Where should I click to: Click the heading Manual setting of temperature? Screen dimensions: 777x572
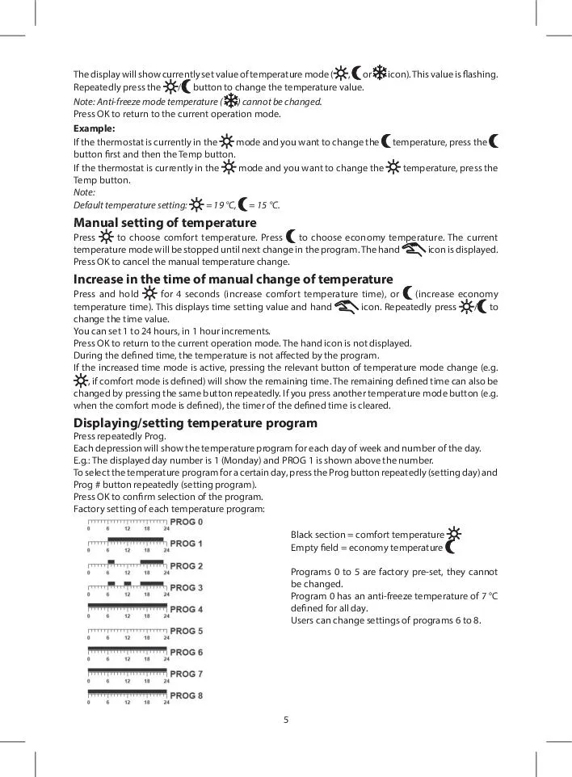165,223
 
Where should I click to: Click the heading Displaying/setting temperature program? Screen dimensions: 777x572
195,422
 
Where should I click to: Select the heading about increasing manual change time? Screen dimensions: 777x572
233,279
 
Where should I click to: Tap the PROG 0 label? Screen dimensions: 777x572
187,522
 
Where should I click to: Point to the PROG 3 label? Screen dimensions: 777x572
187,587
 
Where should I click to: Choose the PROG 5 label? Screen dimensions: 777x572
187,631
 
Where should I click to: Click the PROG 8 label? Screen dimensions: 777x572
187,695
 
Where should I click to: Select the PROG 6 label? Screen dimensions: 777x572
187,652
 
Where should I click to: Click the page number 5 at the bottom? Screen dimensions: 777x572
286,719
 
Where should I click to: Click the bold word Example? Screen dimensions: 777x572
95,128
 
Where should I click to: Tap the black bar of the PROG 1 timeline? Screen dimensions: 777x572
136,539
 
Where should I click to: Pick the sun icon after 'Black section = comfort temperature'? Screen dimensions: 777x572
454,534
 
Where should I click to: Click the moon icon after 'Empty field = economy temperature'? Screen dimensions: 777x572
451,548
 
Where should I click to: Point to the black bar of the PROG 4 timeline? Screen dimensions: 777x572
127,605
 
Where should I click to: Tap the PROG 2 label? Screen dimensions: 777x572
187,565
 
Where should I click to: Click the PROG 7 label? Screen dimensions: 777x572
187,674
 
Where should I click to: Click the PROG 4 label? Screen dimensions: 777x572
187,609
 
